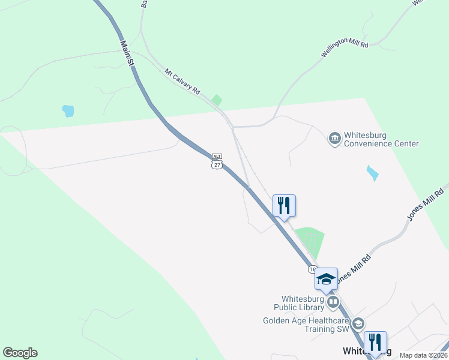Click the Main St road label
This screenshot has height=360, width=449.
pos(127,53)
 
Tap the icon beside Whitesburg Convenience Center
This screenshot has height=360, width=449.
pos(334,139)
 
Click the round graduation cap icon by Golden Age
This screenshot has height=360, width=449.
pos(358,324)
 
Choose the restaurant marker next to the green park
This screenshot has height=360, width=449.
pos(284,205)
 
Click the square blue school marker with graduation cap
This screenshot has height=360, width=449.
pos(326,279)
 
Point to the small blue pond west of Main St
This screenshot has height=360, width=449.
pos(68,111)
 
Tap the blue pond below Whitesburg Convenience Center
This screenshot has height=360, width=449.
pos(373,173)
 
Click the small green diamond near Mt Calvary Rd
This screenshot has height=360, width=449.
pos(217,100)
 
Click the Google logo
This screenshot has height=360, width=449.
pos(20,353)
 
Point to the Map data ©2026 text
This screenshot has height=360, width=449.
pos(423,355)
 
